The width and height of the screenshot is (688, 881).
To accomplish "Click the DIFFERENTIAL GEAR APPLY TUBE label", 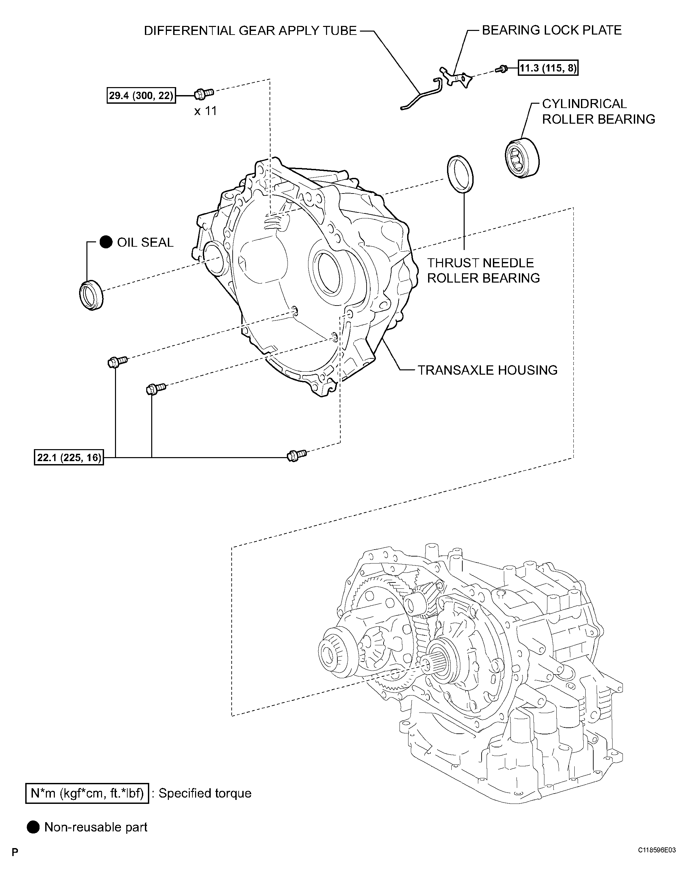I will [x=250, y=31].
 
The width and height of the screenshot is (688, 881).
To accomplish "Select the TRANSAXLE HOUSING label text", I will [x=487, y=370].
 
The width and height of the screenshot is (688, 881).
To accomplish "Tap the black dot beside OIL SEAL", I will [x=106, y=242].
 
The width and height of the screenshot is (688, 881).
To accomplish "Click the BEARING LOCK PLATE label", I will [x=551, y=30].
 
